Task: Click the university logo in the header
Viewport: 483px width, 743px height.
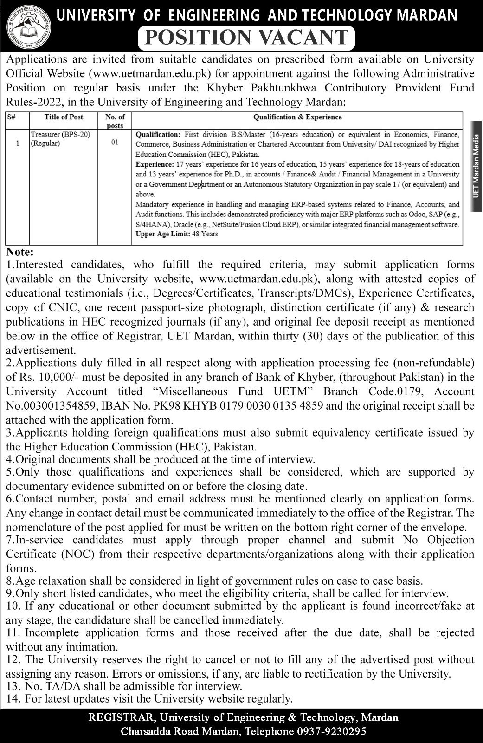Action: coord(26,27)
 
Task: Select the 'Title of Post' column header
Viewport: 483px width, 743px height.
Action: coord(64,117)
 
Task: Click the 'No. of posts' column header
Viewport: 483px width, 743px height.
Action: coord(115,121)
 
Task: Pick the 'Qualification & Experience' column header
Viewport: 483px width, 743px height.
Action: coord(297,117)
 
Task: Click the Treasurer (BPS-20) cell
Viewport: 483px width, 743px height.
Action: coord(60,135)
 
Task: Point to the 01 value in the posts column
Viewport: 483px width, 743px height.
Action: coord(115,143)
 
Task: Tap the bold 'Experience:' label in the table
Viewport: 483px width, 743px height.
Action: coord(154,164)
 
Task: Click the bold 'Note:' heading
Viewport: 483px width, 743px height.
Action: coord(20,252)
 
